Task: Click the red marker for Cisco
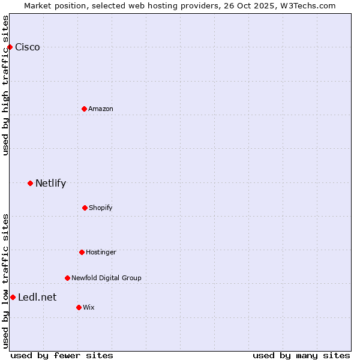[10, 47]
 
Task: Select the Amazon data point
[84, 109]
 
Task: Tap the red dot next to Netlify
[30, 183]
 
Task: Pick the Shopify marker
[85, 208]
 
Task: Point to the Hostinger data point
[82, 252]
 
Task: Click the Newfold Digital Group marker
[67, 278]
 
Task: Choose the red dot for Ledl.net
[13, 297]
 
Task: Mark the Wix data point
[79, 307]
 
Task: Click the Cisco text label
[28, 47]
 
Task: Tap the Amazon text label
[101, 109]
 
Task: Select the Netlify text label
[50, 184]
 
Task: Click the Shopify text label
[101, 208]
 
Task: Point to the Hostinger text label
[101, 252]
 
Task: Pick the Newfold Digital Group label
[106, 278]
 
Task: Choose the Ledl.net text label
[37, 298]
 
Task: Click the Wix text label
[89, 307]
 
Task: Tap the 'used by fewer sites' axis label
[62, 355]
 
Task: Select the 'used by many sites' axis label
[301, 355]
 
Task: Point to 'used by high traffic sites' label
[5, 85]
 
